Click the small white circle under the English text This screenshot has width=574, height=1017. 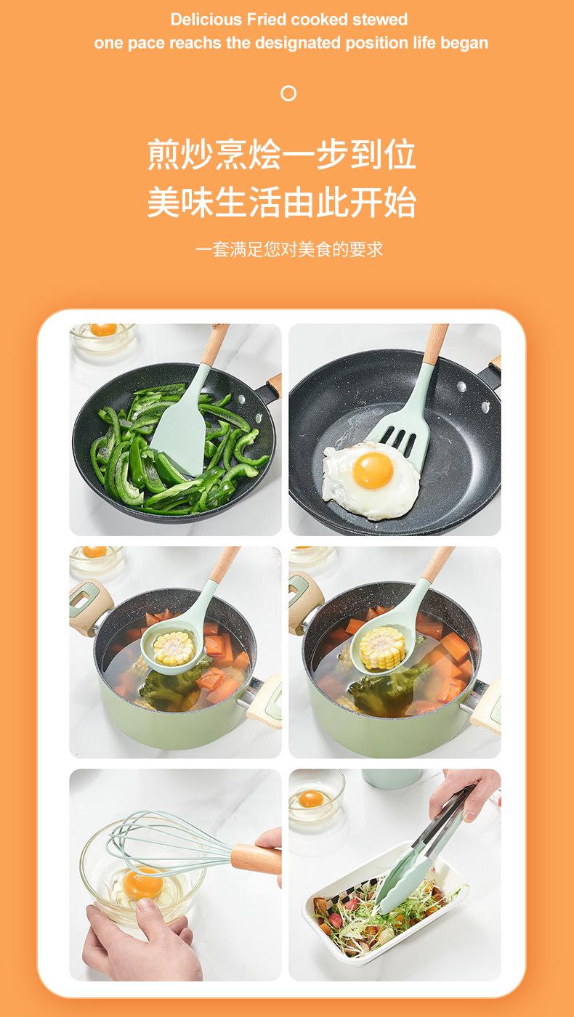click(288, 93)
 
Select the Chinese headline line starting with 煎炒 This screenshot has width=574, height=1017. click(282, 155)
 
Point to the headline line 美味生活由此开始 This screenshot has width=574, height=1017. click(282, 203)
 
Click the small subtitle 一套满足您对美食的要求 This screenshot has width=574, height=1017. click(288, 249)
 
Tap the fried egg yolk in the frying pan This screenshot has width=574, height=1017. click(373, 469)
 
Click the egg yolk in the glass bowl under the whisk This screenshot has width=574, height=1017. click(142, 883)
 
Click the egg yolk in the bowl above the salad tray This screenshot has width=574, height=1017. click(311, 799)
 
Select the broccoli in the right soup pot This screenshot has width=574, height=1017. click(378, 688)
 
